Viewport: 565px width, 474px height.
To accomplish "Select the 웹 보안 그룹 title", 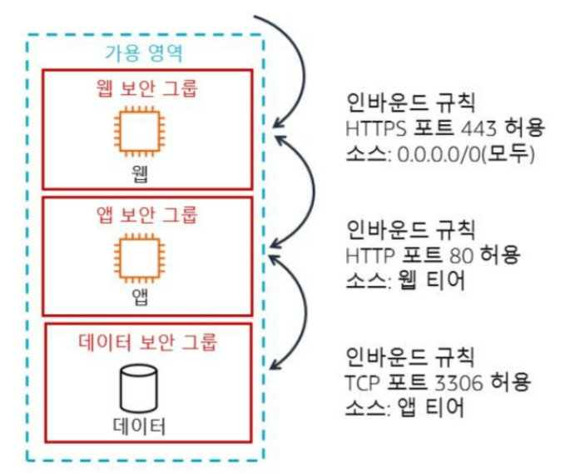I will tap(146, 87).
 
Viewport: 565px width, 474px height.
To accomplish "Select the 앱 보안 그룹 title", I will tap(146, 214).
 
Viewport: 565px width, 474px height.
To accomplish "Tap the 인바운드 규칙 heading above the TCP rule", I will tap(399, 358).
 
